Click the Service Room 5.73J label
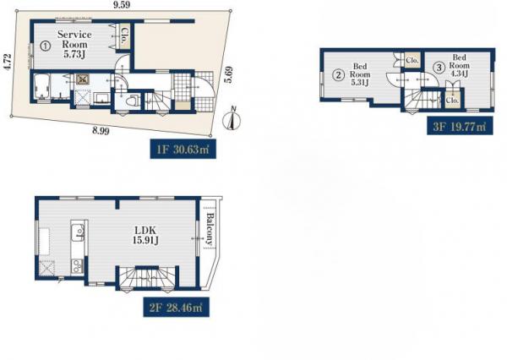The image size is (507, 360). (x=74, y=44)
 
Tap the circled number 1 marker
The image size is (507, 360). (x=46, y=46)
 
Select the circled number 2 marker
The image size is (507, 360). (x=339, y=75)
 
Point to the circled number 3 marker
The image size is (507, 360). (x=439, y=68)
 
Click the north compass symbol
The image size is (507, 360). (x=232, y=120)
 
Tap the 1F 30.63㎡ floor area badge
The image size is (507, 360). (x=183, y=149)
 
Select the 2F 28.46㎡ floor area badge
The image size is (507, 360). (x=177, y=307)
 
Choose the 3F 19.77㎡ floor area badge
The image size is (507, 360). (x=460, y=126)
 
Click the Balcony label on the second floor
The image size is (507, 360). (x=210, y=229)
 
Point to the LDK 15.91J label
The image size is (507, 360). (x=145, y=235)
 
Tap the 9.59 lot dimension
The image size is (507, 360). (x=120, y=4)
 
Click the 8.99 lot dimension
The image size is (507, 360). (x=101, y=131)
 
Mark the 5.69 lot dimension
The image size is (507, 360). (x=229, y=74)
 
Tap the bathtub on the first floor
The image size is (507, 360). (x=41, y=86)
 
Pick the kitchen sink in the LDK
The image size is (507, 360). (x=79, y=232)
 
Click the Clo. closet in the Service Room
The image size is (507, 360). (x=123, y=36)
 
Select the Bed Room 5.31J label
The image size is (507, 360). (x=360, y=74)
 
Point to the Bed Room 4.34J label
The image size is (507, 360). (x=459, y=66)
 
